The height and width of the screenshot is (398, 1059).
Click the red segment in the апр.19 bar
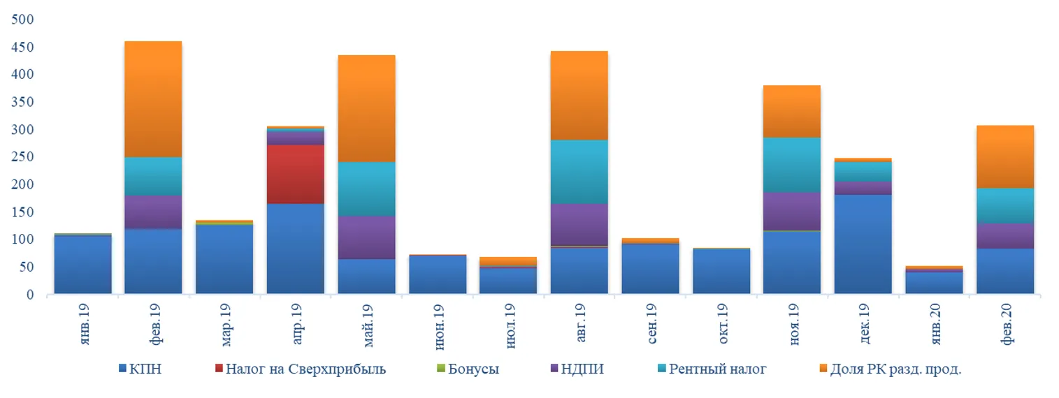tap(295, 174)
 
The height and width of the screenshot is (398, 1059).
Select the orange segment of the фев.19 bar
tap(153, 99)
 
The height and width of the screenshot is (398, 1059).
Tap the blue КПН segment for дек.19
tap(863, 244)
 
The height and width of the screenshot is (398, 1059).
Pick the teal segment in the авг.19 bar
tap(579, 172)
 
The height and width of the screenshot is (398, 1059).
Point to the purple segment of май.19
tap(366, 237)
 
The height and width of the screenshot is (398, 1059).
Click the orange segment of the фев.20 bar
tap(1004, 157)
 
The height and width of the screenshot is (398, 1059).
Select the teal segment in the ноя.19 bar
tap(791, 165)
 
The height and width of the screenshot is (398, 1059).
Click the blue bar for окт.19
tap(721, 271)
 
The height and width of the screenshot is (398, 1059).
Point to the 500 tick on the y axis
tap(23, 19)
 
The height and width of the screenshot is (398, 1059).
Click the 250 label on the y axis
tap(23, 157)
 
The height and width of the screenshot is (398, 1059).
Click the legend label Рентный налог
tap(717, 369)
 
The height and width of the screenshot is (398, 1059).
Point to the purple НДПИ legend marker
tap(552, 369)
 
